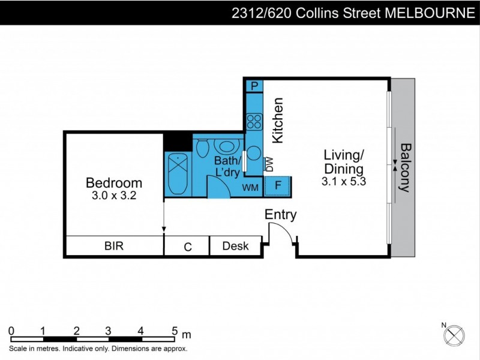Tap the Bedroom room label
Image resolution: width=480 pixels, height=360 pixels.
click(114, 183)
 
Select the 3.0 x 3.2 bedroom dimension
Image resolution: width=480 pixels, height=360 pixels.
click(114, 196)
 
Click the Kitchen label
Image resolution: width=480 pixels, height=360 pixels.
click(277, 120)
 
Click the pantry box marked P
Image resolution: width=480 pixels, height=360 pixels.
click(254, 86)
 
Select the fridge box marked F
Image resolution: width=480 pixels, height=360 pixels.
click(278, 185)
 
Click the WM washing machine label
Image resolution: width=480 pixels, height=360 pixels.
click(250, 188)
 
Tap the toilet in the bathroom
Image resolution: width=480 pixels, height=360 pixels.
click(202, 147)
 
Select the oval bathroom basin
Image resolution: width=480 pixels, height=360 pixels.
click(226, 146)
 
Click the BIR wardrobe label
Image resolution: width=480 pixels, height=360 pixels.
click(114, 246)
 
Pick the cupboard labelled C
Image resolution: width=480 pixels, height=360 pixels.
click(187, 247)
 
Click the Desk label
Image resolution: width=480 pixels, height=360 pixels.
click(234, 246)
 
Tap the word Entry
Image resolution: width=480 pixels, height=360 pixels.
click(281, 215)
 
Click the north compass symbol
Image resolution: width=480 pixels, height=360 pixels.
click(457, 334)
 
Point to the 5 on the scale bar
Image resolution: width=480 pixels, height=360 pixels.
click(175, 331)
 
